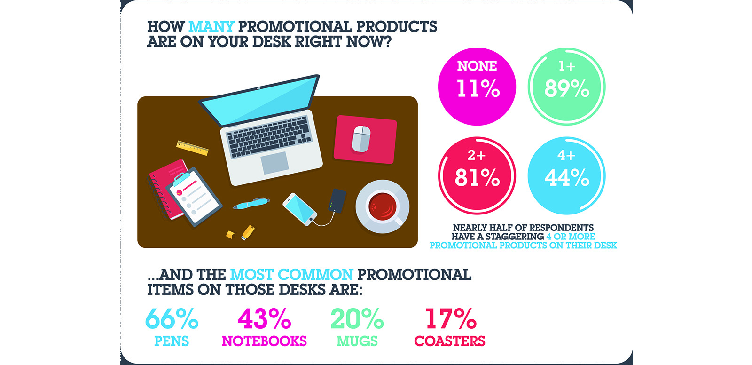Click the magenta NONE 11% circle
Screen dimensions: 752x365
(x=477, y=87)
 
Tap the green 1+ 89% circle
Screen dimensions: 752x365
(x=567, y=87)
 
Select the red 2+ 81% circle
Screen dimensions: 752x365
(x=477, y=176)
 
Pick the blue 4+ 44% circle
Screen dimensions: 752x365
(x=567, y=176)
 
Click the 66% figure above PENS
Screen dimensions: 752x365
(x=172, y=318)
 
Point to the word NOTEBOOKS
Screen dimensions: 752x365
(x=264, y=341)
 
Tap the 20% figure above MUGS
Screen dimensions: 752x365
(x=357, y=318)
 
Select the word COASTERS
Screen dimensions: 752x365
(x=449, y=341)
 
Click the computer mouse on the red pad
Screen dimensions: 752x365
(x=361, y=138)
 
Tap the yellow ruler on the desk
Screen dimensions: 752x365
(x=192, y=148)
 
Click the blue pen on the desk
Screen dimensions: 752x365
(x=251, y=203)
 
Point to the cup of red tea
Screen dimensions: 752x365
(x=383, y=206)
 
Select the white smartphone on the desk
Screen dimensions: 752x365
(x=300, y=209)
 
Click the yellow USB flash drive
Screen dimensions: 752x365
(x=248, y=232)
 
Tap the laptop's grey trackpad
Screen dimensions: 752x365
(x=274, y=163)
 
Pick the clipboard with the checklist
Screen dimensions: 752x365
(x=193, y=196)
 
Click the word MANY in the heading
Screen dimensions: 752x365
(x=211, y=26)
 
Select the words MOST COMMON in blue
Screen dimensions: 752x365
(x=291, y=275)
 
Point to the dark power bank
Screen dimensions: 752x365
(x=337, y=201)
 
